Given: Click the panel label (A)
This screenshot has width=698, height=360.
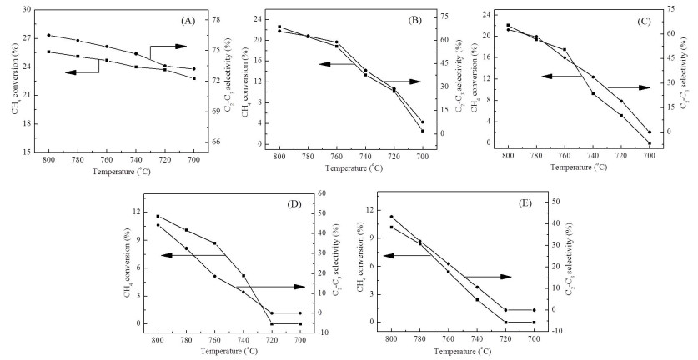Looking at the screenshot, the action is click(x=188, y=21).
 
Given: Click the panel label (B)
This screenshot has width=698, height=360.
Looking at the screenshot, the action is click(x=415, y=21).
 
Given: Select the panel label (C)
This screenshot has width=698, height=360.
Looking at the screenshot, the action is click(x=644, y=22).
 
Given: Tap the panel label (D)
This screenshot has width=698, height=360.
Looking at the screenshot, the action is click(x=294, y=204).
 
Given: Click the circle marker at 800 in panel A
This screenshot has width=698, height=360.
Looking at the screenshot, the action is click(x=49, y=35).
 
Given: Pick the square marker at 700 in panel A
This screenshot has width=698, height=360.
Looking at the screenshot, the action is click(x=194, y=78).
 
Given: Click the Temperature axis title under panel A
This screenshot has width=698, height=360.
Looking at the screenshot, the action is click(x=122, y=172).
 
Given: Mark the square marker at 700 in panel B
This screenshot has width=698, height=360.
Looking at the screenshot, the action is click(x=423, y=131).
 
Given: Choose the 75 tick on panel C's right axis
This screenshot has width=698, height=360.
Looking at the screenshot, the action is click(x=682, y=9).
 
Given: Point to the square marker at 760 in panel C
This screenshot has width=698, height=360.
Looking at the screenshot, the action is click(x=565, y=49).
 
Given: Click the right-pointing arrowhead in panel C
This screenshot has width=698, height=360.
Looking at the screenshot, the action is click(x=645, y=87).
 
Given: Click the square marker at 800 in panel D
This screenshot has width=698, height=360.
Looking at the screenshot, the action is click(x=158, y=217).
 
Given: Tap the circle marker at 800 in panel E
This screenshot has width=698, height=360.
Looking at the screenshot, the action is click(x=391, y=217).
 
